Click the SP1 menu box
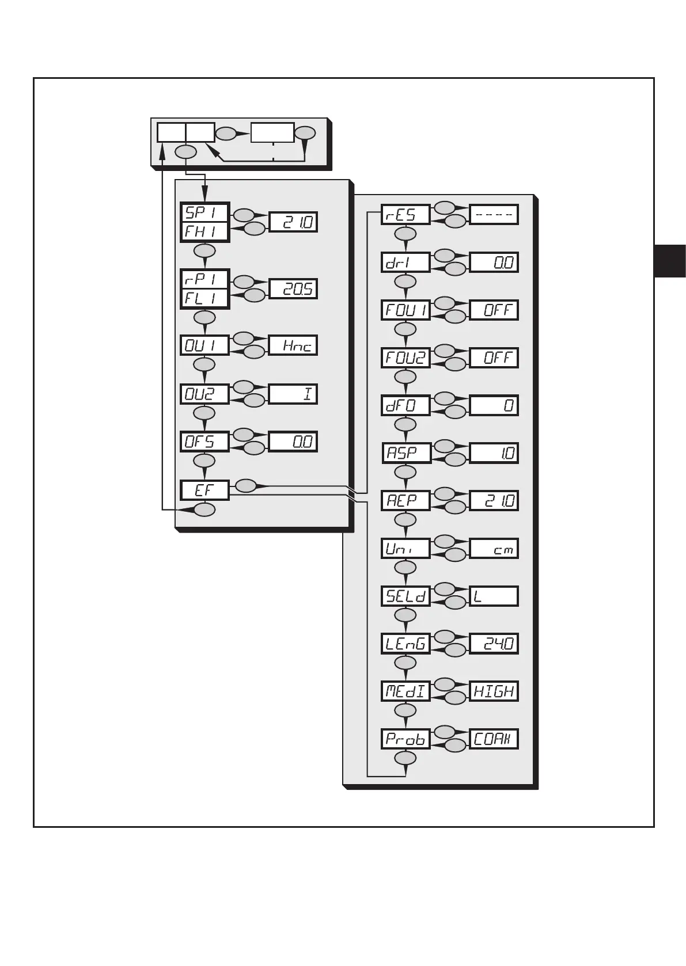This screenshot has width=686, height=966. (204, 212)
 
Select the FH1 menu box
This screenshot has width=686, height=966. (204, 231)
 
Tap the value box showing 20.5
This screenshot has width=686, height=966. (293, 288)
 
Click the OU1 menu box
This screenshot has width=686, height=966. (204, 345)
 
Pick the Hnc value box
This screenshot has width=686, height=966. (293, 345)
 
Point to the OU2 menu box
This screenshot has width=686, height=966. (204, 394)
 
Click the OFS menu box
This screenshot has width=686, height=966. (204, 442)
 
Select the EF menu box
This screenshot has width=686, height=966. (204, 490)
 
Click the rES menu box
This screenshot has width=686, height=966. (406, 215)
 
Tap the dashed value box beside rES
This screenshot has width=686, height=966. (494, 215)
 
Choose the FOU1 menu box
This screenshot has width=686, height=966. (406, 310)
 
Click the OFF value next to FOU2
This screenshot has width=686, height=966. (494, 358)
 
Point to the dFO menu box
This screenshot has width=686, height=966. (406, 405)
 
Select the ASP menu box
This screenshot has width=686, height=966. (406, 453)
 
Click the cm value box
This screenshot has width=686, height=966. (494, 549)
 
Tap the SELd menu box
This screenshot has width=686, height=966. (406, 596)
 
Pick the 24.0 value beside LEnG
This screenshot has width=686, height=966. (494, 644)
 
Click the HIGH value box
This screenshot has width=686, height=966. (494, 691)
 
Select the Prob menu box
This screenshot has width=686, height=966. (406, 739)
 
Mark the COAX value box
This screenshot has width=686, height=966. (494, 739)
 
